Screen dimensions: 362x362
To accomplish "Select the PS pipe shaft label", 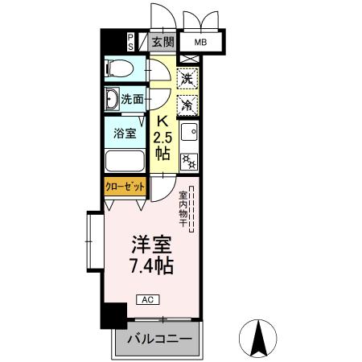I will (x=131, y=42).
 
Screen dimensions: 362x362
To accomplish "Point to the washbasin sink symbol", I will (x=112, y=100).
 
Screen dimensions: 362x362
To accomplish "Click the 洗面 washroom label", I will (x=133, y=100).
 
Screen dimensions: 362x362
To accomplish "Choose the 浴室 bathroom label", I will (x=123, y=132).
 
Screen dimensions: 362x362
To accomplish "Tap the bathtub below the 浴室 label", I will (x=125, y=161).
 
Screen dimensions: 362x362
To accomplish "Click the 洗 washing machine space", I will (x=187, y=79).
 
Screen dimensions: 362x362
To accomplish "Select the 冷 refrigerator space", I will (x=187, y=104).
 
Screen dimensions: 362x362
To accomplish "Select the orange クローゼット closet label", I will (x=125, y=186).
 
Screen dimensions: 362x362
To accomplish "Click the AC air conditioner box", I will (x=150, y=298).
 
